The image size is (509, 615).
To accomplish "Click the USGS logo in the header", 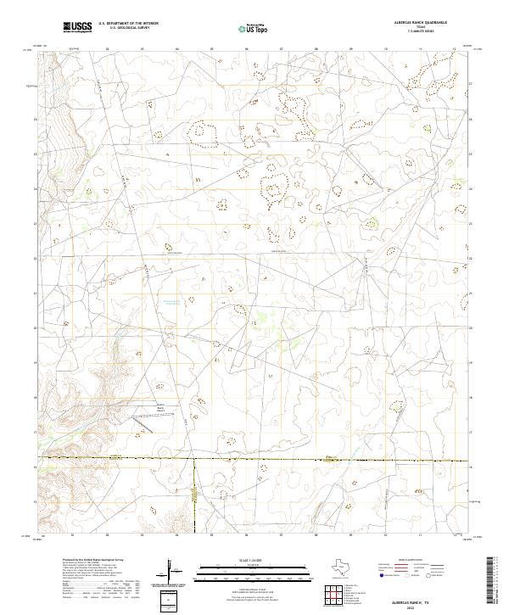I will click(x=77, y=27).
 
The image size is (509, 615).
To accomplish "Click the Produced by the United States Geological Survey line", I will click(x=94, y=561).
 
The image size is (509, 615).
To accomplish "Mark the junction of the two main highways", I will click(x=194, y=460).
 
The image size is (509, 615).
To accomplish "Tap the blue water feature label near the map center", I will click(x=171, y=303).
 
